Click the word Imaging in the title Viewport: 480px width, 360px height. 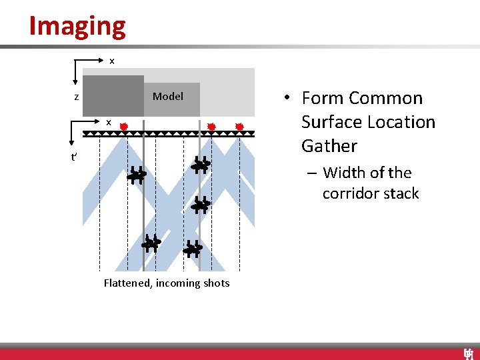pos(77,26)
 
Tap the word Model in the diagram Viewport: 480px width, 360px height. pos(168,97)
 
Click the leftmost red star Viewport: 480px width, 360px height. pos(123,126)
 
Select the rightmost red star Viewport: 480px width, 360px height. pos(239,126)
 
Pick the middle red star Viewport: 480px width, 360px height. pos(211,126)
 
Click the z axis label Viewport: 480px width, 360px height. pos(77,97)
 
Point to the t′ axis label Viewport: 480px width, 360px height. pos(75,158)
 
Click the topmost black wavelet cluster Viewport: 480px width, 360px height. pos(201,164)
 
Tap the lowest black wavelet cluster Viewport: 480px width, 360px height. pos(193,249)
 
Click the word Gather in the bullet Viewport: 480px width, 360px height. pos(329,146)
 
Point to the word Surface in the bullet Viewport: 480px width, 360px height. pos(332,122)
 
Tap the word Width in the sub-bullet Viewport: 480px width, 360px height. pos(342,173)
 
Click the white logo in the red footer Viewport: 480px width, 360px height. pos(469,354)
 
